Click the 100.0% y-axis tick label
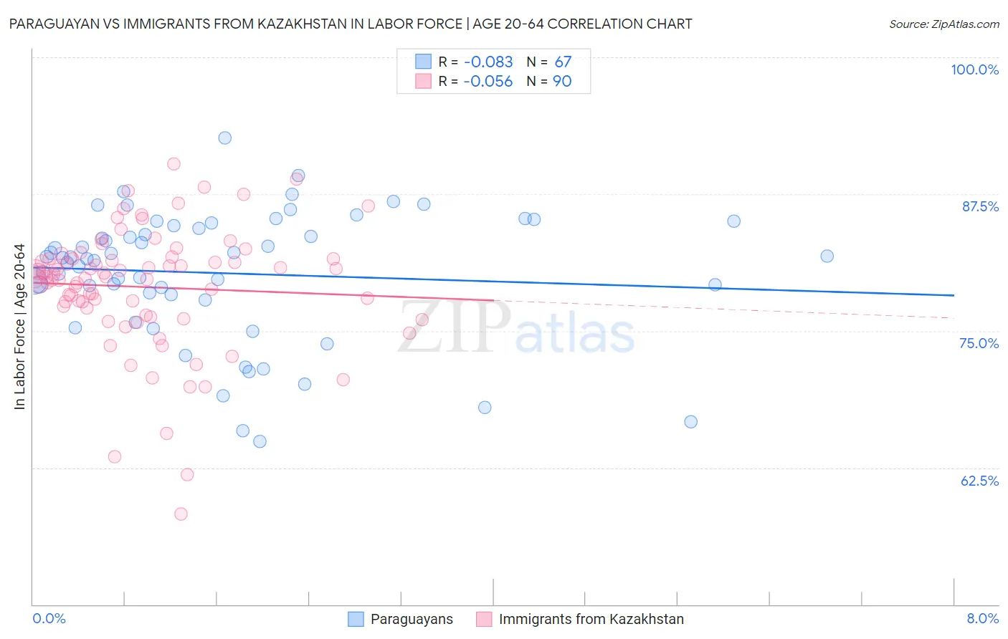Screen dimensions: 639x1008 coord(974,69)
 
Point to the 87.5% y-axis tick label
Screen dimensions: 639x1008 coord(980,206)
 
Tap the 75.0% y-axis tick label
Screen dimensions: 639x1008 coord(979,343)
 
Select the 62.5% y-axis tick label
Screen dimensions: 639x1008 coord(979,481)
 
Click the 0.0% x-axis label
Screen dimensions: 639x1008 coord(49,618)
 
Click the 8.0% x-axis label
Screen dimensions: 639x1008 coord(982,618)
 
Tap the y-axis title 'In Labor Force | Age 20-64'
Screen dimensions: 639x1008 coord(19,327)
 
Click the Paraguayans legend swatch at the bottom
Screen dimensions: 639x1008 coord(356,619)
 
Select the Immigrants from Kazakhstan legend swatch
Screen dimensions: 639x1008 coord(484,619)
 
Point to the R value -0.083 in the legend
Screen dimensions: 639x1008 coord(488,62)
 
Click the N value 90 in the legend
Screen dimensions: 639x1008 coord(562,82)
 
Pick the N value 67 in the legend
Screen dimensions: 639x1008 coord(563,62)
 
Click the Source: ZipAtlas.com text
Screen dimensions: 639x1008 coord(943,24)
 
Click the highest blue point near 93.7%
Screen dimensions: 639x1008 coord(225,138)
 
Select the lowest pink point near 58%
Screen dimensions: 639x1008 coord(181,514)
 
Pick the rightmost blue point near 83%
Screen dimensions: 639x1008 coord(827,256)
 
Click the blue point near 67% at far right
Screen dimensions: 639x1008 coord(690,421)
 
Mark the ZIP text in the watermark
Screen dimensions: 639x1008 coord(454,326)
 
